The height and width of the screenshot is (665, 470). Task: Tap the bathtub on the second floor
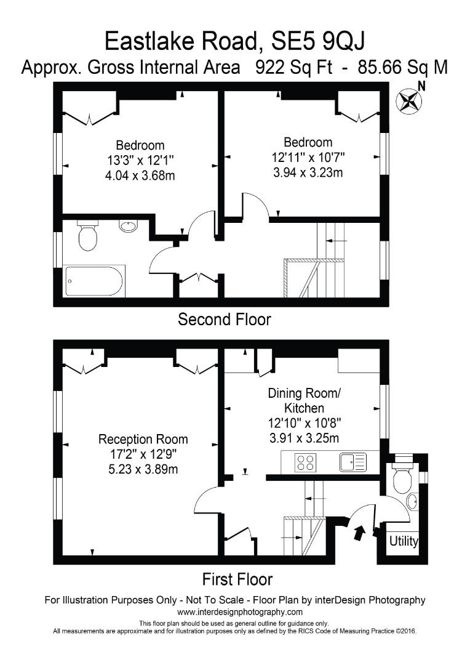[x=94, y=281]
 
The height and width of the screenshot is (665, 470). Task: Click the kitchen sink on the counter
[x=352, y=461]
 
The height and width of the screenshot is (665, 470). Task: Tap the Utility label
[x=404, y=542]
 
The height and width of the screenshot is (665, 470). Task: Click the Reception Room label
[x=143, y=440]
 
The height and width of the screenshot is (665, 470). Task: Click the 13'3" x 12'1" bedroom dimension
[x=140, y=161]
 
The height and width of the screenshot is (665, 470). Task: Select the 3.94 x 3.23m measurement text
[x=308, y=172]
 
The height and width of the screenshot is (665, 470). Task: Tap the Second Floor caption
[x=224, y=320]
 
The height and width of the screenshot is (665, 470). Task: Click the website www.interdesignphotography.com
[x=239, y=612]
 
